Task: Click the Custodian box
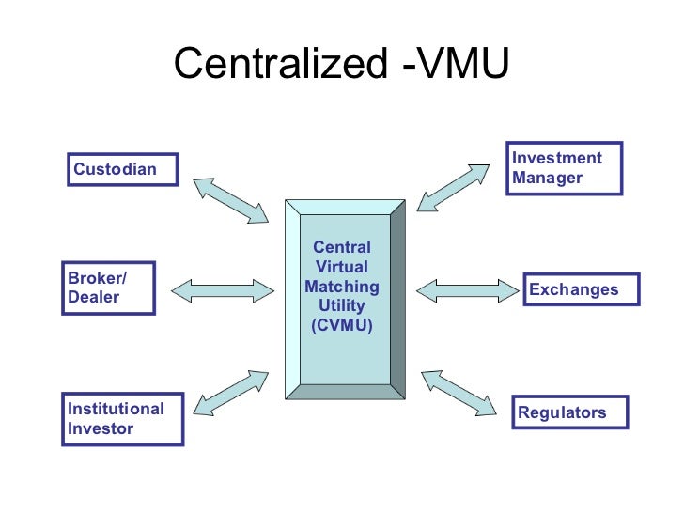pyautogui.click(x=123, y=171)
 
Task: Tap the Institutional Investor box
pyautogui.click(x=123, y=419)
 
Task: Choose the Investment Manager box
pyautogui.click(x=564, y=168)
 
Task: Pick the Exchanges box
pyautogui.click(x=580, y=289)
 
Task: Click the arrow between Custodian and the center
pyautogui.click(x=230, y=199)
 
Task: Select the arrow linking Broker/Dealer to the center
pyautogui.click(x=229, y=289)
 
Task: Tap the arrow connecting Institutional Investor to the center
pyautogui.click(x=230, y=393)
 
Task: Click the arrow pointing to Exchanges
pyautogui.click(x=466, y=289)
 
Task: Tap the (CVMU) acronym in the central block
pyautogui.click(x=342, y=326)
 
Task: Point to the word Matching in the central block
pyautogui.click(x=342, y=287)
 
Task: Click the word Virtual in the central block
pyautogui.click(x=342, y=267)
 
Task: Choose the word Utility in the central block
pyautogui.click(x=342, y=306)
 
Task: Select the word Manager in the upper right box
pyautogui.click(x=548, y=178)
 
